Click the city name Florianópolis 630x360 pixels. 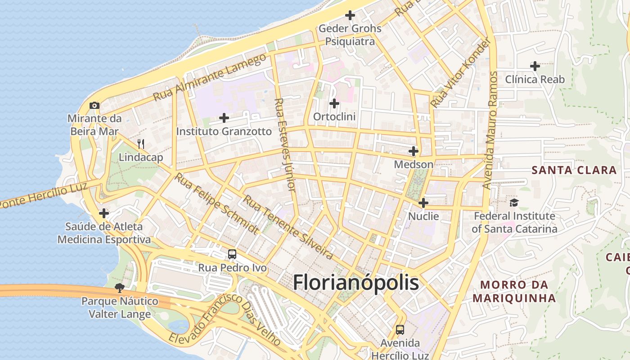tap(356, 283)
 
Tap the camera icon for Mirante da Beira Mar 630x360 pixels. tap(94, 105)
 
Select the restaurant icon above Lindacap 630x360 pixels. tap(141, 144)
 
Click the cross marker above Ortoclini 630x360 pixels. tap(334, 103)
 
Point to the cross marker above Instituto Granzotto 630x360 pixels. tap(224, 118)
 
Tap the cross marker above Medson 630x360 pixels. tap(413, 151)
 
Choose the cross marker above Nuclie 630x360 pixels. tap(423, 203)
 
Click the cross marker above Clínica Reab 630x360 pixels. tap(535, 66)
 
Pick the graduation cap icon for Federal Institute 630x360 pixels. tap(514, 203)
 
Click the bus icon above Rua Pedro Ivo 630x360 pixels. tap(232, 254)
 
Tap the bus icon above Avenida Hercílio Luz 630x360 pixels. tap(400, 330)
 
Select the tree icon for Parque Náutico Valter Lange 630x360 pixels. tap(119, 288)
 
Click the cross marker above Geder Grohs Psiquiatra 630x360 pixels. tap(350, 15)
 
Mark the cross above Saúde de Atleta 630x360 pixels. tap(104, 213)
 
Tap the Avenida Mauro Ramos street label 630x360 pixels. tap(490, 130)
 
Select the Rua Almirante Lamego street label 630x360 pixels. tap(210, 77)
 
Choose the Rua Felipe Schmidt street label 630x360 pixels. tap(217, 204)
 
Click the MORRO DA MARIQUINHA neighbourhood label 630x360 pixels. tap(514, 291)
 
